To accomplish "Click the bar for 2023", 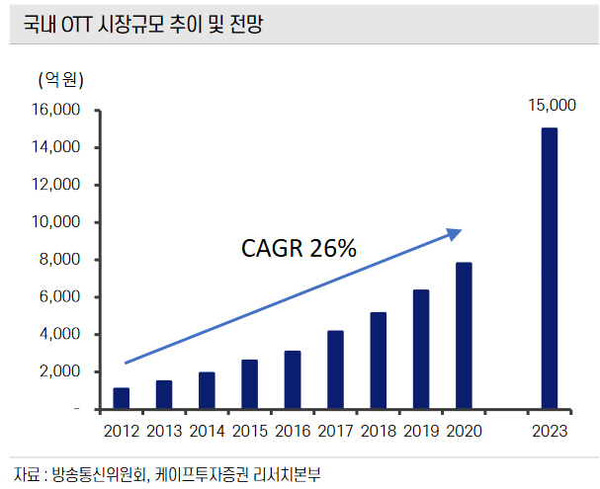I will (549, 268).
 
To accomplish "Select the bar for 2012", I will (122, 398).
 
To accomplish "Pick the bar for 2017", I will (335, 369).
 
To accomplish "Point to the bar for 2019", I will (421, 349).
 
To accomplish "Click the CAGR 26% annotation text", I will (299, 248).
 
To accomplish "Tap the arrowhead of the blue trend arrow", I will (456, 233).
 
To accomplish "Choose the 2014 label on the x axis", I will (207, 431).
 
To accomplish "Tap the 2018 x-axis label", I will (378, 431).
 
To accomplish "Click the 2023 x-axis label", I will (549, 431).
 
